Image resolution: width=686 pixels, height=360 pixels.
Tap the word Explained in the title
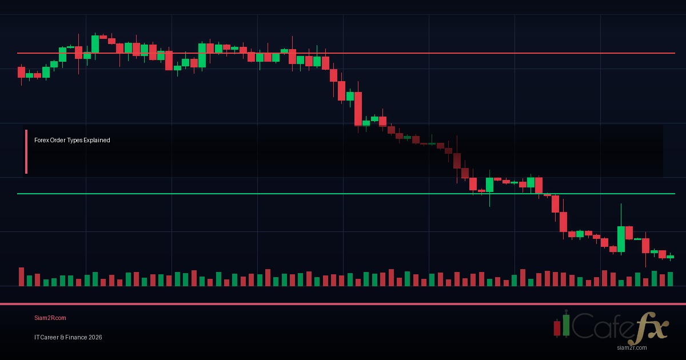coord(97,140)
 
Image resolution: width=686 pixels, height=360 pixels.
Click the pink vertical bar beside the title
coord(26,151)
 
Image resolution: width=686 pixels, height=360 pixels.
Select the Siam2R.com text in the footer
coord(50,318)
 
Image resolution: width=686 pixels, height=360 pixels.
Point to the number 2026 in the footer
coord(95,337)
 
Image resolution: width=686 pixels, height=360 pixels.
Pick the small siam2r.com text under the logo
coord(632,347)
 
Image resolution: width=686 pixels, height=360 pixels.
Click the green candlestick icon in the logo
coord(566,324)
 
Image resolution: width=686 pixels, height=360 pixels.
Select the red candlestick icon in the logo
coord(557,328)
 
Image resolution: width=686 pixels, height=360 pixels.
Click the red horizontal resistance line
coord(400,53)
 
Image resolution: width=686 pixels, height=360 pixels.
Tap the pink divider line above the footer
coord(343,304)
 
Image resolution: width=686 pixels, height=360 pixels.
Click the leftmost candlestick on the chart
coord(21,72)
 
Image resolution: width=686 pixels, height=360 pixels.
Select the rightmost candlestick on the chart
coord(670,257)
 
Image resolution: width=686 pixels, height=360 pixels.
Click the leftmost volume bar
coord(21,277)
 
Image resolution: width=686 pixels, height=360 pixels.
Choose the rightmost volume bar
coord(670,279)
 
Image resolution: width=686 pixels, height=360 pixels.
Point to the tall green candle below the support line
coord(621,239)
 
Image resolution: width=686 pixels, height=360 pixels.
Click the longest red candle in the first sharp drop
coord(358,109)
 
